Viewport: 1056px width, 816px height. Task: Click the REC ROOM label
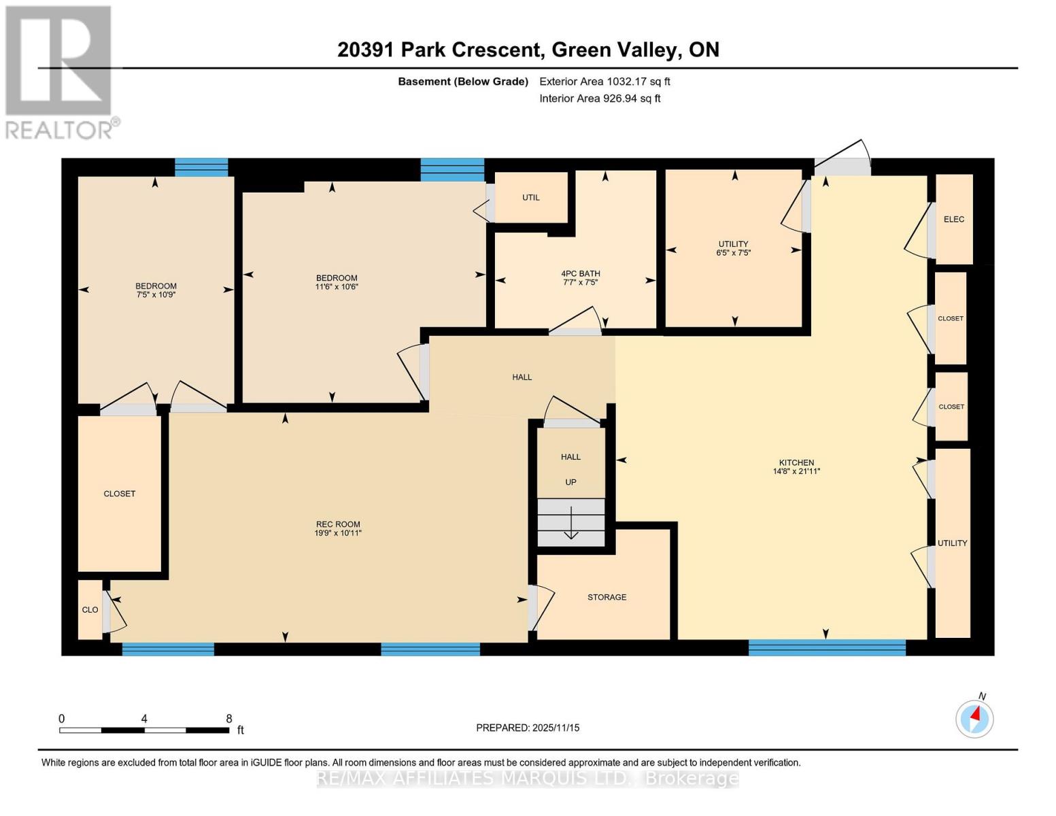338,524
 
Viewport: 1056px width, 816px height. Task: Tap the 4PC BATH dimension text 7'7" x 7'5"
580,283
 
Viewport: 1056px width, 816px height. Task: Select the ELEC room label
954,219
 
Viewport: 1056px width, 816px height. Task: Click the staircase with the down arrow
571,522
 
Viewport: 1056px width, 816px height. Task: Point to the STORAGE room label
607,597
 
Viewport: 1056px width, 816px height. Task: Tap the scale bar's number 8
229,719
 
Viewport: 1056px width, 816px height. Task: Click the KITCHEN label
796,462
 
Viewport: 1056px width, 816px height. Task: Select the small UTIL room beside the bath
531,197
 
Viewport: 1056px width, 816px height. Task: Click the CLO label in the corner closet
90,610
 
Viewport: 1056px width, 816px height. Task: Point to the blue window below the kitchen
827,647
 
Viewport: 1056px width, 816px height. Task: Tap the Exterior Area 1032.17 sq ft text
604,82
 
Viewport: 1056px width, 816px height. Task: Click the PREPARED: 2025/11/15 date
528,728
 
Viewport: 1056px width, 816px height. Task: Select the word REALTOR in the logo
58,129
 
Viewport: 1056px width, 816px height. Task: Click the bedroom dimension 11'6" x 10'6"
337,287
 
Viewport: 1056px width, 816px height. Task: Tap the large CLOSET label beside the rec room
120,494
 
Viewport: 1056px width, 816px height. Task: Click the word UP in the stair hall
570,482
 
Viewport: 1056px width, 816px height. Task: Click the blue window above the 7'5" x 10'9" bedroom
201,167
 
